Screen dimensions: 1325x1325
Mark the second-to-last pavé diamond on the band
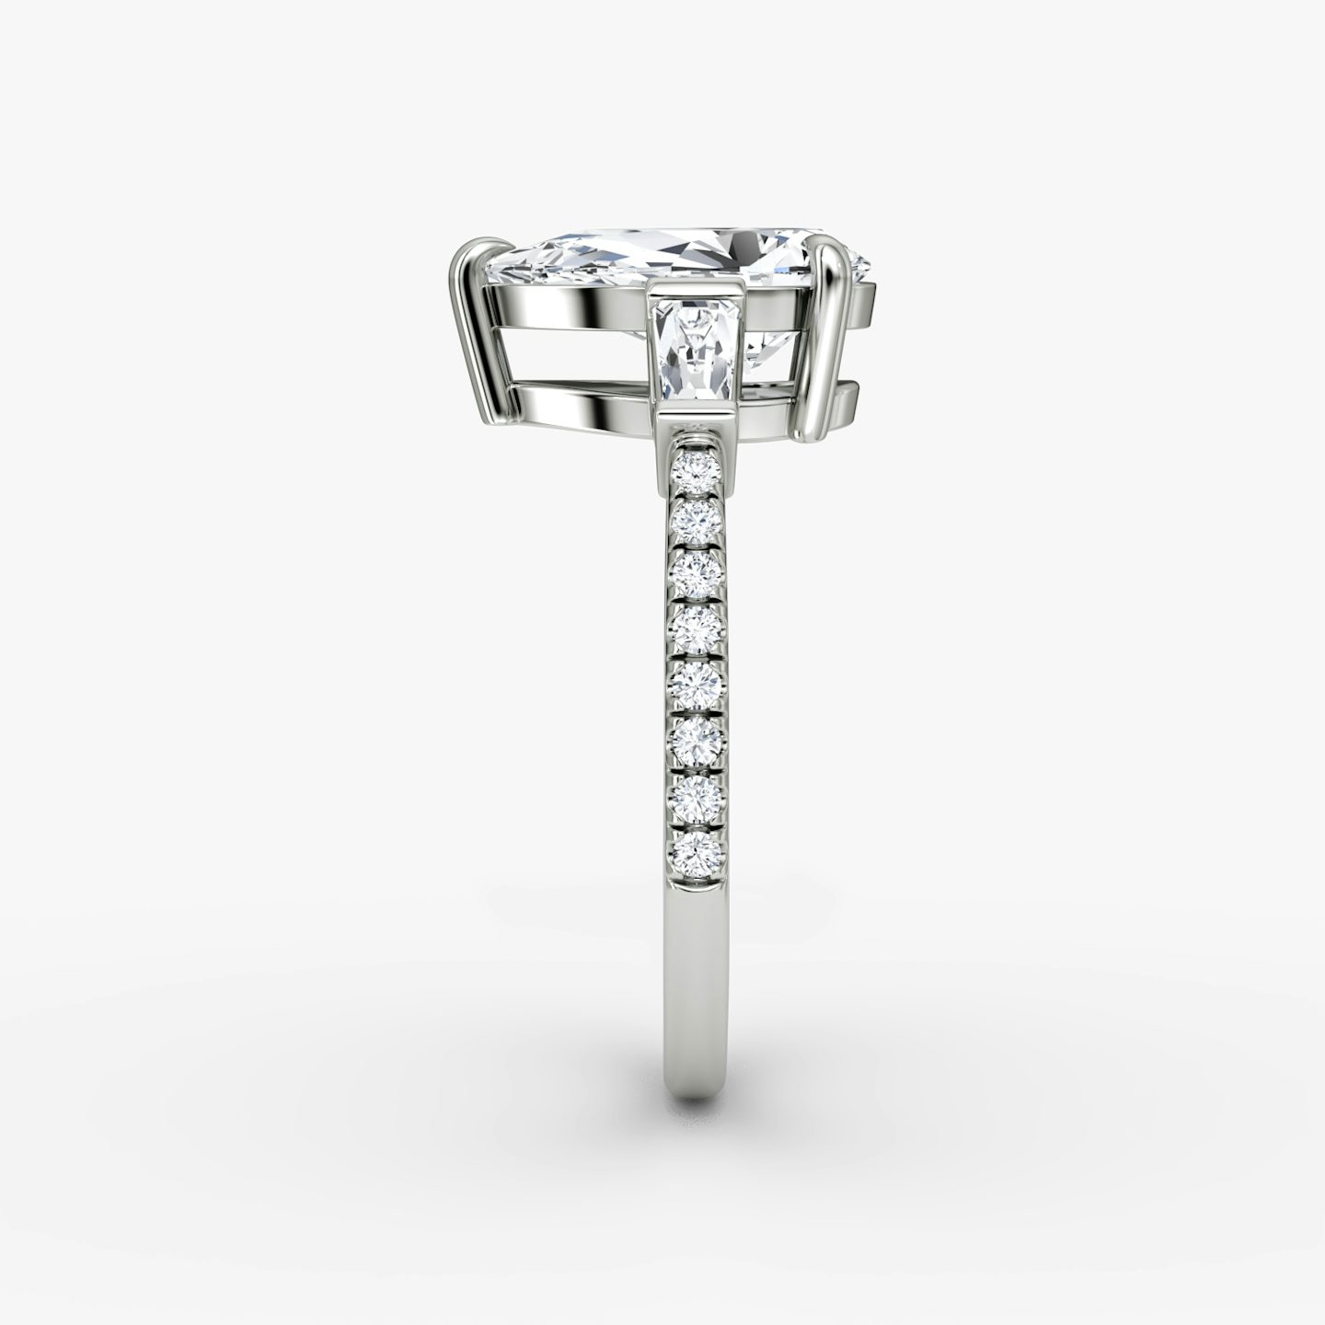697,791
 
